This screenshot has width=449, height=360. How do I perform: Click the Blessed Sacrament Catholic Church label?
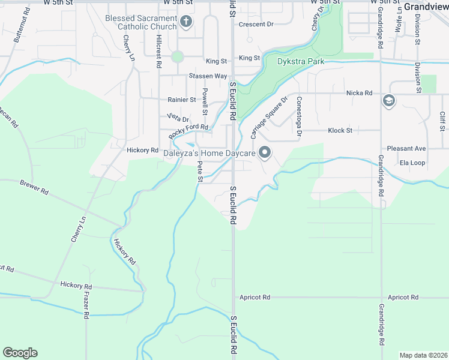click(x=141, y=22)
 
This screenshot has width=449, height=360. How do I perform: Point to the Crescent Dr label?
click(x=256, y=25)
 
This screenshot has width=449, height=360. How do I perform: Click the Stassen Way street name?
click(x=208, y=76)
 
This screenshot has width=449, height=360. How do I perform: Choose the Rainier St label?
click(x=182, y=100)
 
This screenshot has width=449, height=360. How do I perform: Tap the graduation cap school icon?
click(x=388, y=100)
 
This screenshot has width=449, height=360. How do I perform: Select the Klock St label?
click(x=340, y=130)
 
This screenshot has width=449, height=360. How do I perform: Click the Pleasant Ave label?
click(x=406, y=148)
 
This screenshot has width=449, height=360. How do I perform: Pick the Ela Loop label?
click(x=412, y=163)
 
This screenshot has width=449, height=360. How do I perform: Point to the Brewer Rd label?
click(x=34, y=187)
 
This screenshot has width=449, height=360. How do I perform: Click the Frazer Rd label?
click(x=86, y=307)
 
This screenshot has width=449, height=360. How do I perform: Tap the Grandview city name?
click(x=426, y=7)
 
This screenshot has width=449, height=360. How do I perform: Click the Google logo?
click(x=20, y=352)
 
